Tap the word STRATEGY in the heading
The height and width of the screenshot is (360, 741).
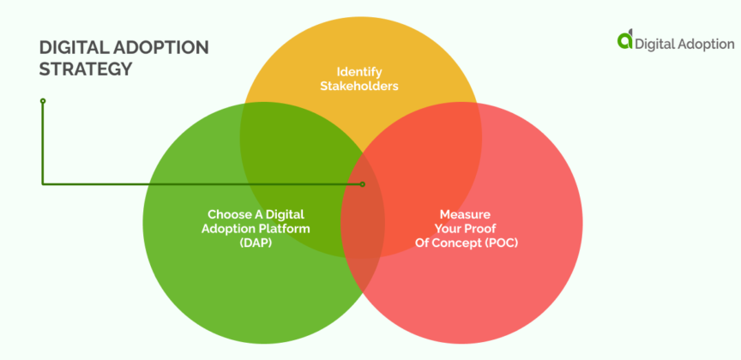86,69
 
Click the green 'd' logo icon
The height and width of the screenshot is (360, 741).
625,40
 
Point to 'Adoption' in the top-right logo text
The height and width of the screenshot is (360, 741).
702,42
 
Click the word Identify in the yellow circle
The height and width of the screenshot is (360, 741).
358,71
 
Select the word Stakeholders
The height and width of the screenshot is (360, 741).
358,86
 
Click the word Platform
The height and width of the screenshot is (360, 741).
286,228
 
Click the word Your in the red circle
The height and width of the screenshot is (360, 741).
453,228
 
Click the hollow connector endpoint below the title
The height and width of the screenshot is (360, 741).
43,101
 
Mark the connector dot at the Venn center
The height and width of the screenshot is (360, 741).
363,183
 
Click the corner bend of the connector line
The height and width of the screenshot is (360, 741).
43,183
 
